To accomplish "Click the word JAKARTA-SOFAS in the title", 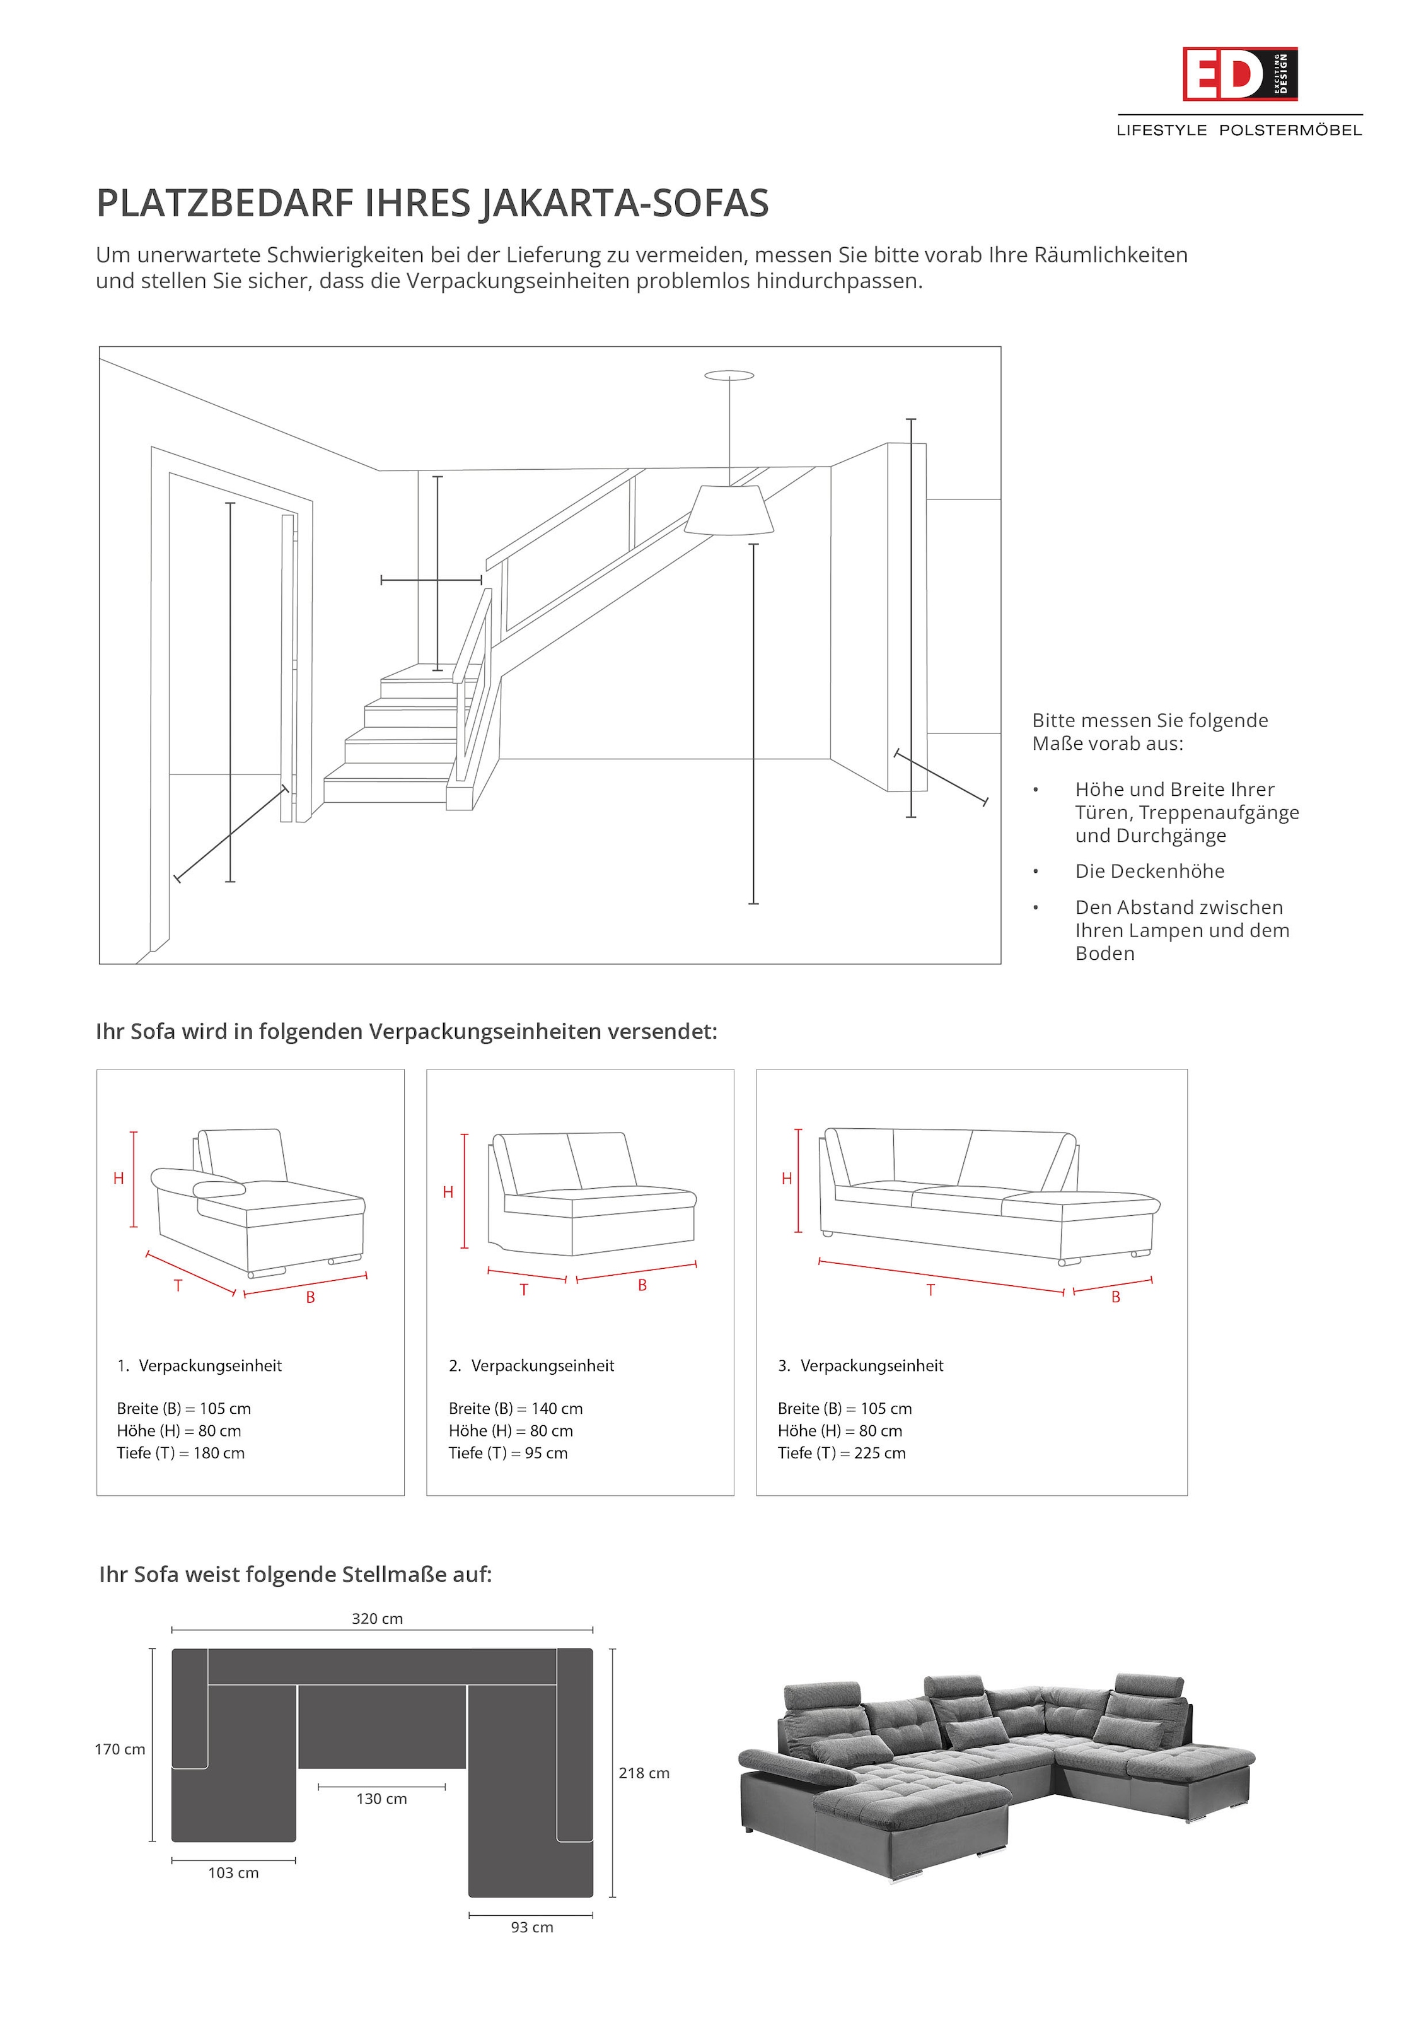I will pyautogui.click(x=624, y=203).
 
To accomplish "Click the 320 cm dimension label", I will pyautogui.click(x=377, y=1618).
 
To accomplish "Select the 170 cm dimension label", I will pyautogui.click(x=120, y=1749).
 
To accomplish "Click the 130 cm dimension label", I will pyautogui.click(x=381, y=1799).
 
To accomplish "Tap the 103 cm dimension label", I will pyautogui.click(x=233, y=1872).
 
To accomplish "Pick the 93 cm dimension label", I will pyautogui.click(x=531, y=1927).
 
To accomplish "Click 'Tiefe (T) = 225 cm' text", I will pyautogui.click(x=841, y=1453).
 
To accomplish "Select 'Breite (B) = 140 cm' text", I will pyautogui.click(x=515, y=1408).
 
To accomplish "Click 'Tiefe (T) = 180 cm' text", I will pyautogui.click(x=180, y=1453).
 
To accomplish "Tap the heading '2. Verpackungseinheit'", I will pyautogui.click(x=531, y=1365).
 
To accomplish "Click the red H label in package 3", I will pyautogui.click(x=786, y=1179).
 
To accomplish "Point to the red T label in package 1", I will pyautogui.click(x=178, y=1285).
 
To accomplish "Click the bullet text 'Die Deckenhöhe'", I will pyautogui.click(x=1149, y=871).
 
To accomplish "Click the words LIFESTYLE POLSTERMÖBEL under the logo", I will pyautogui.click(x=1239, y=130).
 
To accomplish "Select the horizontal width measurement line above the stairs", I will pyautogui.click(x=431, y=580).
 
